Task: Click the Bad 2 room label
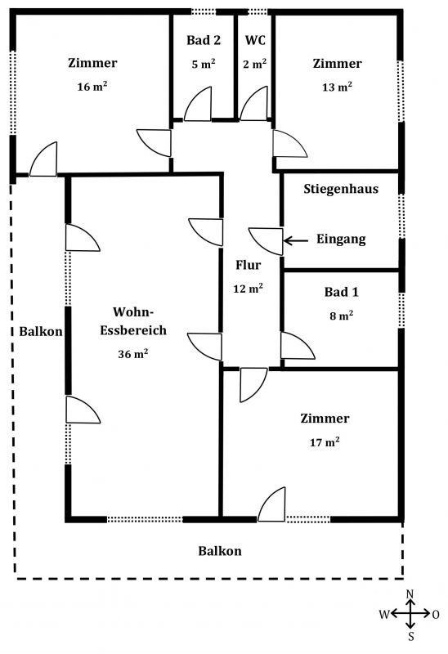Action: click(204, 40)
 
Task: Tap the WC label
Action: click(255, 40)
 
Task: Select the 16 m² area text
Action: click(92, 87)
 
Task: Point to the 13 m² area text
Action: click(337, 87)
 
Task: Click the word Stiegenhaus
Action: click(341, 189)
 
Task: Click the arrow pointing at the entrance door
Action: click(296, 240)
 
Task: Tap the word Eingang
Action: click(341, 239)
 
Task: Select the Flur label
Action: click(249, 265)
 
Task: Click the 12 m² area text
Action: click(249, 289)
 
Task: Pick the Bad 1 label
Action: click(341, 292)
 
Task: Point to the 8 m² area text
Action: click(341, 316)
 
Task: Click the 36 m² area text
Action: click(133, 354)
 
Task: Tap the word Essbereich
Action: click(133, 330)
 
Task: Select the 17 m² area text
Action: click(325, 441)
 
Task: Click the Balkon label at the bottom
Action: click(220, 551)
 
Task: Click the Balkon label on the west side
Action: click(41, 332)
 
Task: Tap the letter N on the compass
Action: click(410, 594)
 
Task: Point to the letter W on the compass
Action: click(384, 614)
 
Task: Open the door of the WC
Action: click(253, 104)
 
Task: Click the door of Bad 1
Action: click(298, 345)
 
